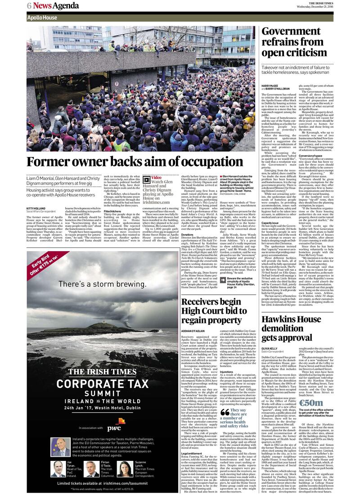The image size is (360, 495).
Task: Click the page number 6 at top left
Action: point(29,5)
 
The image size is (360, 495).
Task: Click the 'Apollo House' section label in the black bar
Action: point(42,18)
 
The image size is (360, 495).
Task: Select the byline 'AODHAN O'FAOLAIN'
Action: point(194,330)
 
